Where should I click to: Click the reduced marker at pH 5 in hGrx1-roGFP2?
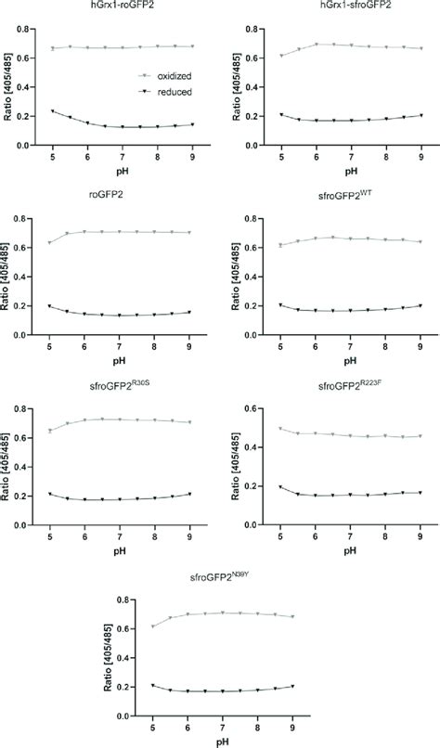point(52,111)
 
